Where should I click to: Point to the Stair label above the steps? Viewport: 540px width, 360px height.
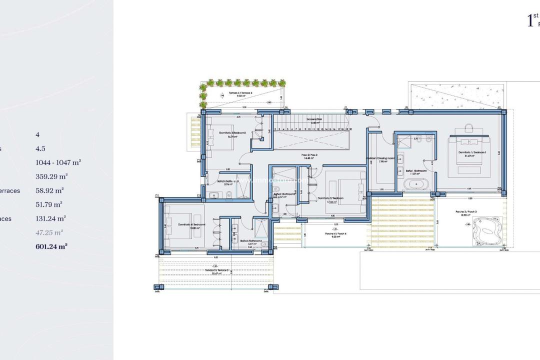tap(313, 120)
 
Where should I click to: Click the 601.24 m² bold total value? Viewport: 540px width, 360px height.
tap(51, 246)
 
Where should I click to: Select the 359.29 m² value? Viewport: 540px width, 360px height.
tap(51, 176)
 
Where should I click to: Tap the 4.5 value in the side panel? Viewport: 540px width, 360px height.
tap(41, 148)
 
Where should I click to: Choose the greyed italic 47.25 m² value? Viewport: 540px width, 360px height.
tap(49, 232)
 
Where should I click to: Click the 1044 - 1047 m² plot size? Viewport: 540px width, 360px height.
tap(58, 162)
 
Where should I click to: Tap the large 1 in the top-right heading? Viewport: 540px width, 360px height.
tap(530, 21)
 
